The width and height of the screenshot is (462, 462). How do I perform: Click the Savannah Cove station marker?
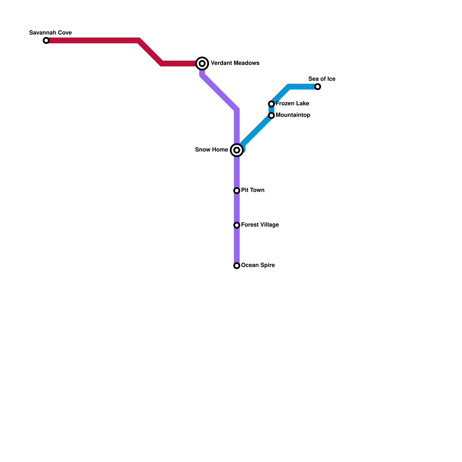[x=46, y=40]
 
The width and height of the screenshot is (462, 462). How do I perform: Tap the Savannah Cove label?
[x=51, y=33]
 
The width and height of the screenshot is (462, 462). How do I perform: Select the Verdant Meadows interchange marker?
[x=202, y=63]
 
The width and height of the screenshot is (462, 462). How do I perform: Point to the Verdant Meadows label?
[x=235, y=63]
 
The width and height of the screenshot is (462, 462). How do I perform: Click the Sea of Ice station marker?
[x=318, y=87]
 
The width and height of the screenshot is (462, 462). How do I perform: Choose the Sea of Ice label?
[x=322, y=79]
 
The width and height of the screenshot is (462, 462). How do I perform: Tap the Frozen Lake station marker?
[x=271, y=104]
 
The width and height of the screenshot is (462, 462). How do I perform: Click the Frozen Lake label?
[x=292, y=103]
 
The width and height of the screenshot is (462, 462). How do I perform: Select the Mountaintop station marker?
[x=271, y=115]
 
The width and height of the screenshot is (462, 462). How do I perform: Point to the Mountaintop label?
[x=293, y=115]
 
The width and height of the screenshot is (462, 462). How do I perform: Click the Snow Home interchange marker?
[x=237, y=150]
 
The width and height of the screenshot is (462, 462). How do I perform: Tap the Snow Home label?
[x=211, y=150]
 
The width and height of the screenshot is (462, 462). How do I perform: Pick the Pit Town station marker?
[x=237, y=191]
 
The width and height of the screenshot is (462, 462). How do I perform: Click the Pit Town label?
[x=253, y=190]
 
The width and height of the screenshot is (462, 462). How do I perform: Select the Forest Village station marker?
[x=237, y=225]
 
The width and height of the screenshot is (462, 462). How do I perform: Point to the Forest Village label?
[x=260, y=225]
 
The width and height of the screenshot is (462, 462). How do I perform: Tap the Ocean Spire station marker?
[x=237, y=266]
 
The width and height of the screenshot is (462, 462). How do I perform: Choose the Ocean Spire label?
[x=258, y=265]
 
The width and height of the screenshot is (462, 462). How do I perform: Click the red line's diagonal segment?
[x=150, y=52]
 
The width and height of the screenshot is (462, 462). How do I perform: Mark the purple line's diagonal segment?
[x=219, y=92]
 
